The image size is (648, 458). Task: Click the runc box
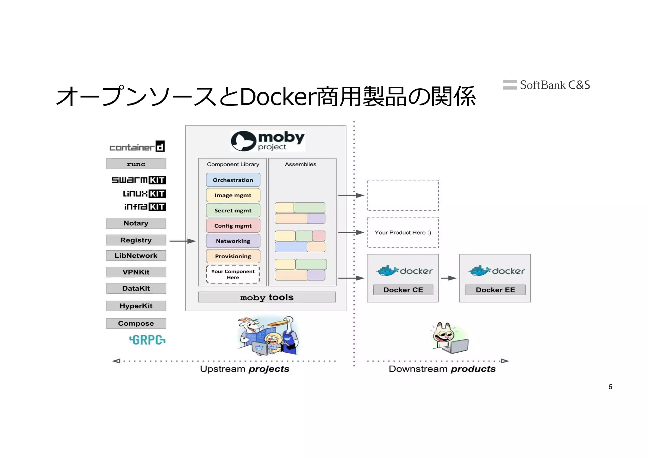(x=136, y=164)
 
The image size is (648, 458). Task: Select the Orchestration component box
(x=233, y=180)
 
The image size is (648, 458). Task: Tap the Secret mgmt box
(x=233, y=210)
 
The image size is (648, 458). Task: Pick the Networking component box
(x=233, y=241)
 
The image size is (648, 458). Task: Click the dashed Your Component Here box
(x=233, y=274)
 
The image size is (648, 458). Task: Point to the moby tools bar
(x=267, y=297)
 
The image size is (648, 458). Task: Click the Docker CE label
(x=403, y=290)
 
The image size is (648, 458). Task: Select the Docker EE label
(x=495, y=290)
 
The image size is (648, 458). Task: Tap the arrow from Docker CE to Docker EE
(x=448, y=278)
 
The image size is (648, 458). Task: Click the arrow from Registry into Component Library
(x=183, y=241)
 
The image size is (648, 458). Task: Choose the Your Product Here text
(x=402, y=232)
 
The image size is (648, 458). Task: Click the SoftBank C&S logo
(x=546, y=85)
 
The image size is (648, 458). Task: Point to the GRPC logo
(x=147, y=340)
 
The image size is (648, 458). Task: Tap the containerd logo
(x=137, y=147)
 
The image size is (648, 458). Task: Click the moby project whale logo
(x=243, y=141)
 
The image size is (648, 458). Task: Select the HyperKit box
(x=136, y=306)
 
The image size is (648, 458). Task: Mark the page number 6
(x=610, y=387)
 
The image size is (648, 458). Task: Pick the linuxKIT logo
(x=144, y=193)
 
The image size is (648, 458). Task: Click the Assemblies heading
(x=300, y=164)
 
